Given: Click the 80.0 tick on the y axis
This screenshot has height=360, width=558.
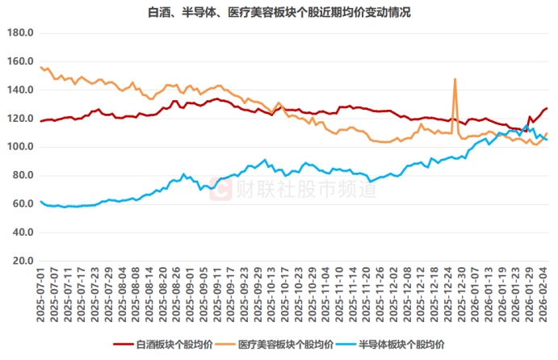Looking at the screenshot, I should [x=21, y=175].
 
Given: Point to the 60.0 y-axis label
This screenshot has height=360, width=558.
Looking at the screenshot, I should [x=21, y=204].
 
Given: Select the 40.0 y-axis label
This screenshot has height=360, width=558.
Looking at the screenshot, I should [x=21, y=232].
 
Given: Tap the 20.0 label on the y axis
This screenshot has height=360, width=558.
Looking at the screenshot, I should [x=21, y=261].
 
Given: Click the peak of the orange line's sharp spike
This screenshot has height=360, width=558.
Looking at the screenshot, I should [x=455, y=79].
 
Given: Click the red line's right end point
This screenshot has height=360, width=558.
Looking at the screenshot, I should [x=547, y=108].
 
